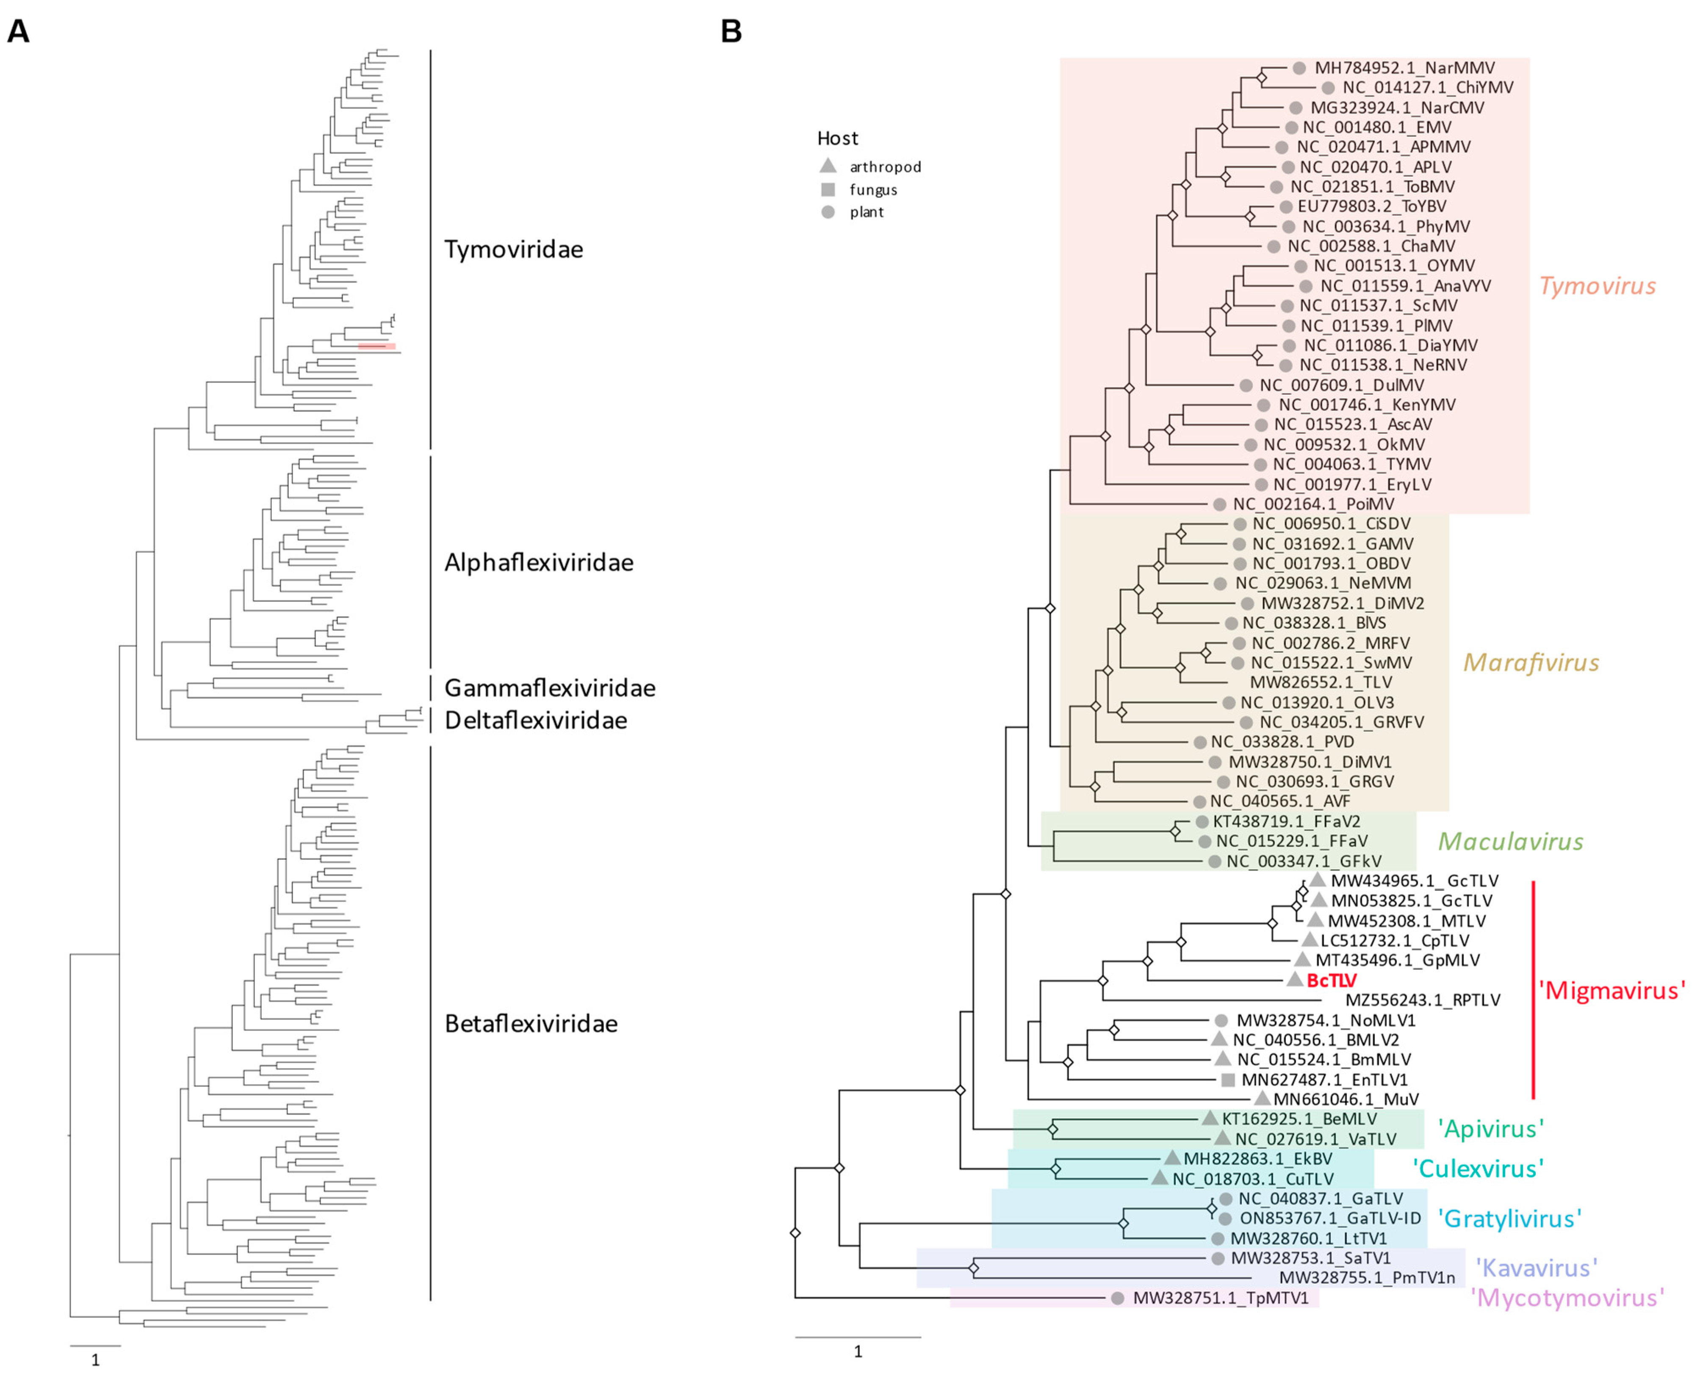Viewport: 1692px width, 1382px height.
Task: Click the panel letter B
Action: click(x=731, y=32)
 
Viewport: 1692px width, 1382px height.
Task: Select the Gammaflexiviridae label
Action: click(x=549, y=688)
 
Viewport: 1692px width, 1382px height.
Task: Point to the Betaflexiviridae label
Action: click(x=531, y=1024)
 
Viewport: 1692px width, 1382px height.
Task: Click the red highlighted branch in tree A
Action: click(x=377, y=346)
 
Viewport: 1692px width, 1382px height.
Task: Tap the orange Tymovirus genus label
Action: click(x=1597, y=286)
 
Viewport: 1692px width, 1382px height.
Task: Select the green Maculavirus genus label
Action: click(x=1510, y=842)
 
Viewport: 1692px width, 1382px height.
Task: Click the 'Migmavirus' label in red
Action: click(x=1611, y=990)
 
